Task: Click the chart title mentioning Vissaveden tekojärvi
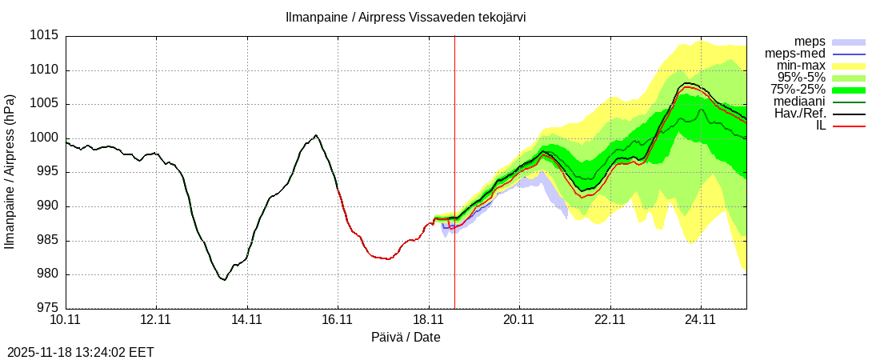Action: [406, 17]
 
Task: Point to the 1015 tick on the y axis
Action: [45, 36]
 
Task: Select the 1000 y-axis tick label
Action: [45, 138]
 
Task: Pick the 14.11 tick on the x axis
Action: [247, 320]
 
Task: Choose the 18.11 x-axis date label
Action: [429, 320]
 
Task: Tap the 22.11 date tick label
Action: [610, 320]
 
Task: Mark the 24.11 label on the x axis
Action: [701, 320]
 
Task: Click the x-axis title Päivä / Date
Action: [406, 338]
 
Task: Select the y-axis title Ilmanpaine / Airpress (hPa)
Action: [10, 171]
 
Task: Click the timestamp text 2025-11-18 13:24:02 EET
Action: [80, 352]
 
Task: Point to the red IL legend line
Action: [849, 126]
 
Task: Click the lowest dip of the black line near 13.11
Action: [225, 280]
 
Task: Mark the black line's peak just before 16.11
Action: [316, 135]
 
